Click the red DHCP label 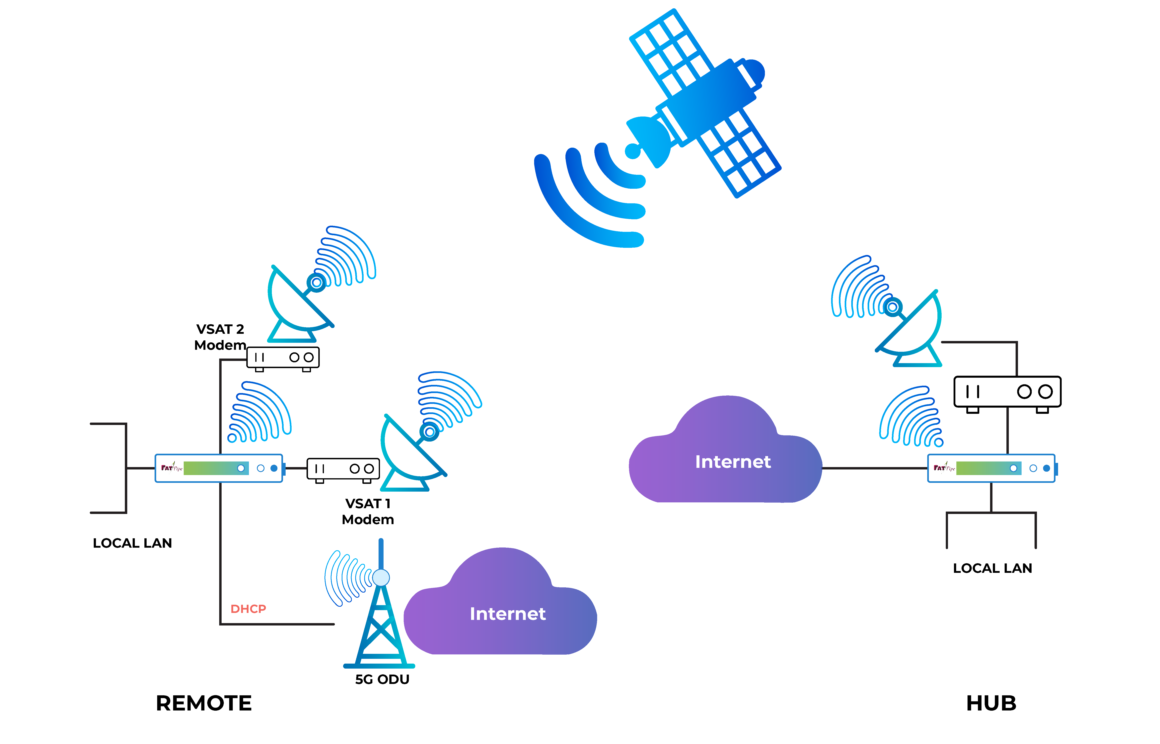point(248,609)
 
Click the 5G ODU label point(382,679)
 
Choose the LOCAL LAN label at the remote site point(132,543)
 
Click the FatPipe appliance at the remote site point(219,468)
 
